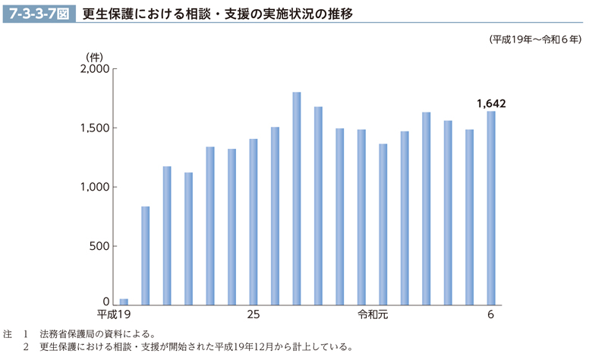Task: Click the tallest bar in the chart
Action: coord(297,197)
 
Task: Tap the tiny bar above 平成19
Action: coord(124,301)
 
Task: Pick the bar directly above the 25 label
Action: coord(254,220)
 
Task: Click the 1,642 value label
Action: coord(491,103)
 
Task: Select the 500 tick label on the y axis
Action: coord(101,246)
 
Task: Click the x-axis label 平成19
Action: coord(115,314)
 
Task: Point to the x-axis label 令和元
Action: coord(373,314)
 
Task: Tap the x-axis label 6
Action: coord(491,314)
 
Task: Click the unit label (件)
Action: coord(94,55)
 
